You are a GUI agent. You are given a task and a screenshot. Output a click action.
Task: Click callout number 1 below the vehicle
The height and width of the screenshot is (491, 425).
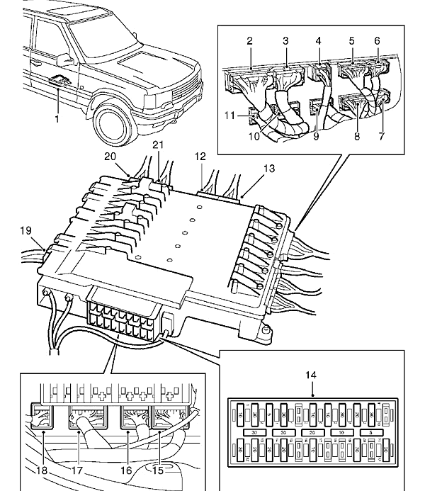pos(57,119)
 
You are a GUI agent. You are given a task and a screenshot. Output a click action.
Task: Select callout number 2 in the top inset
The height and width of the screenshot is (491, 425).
pos(249,42)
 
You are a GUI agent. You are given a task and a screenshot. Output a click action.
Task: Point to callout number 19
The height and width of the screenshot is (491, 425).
pos(26,231)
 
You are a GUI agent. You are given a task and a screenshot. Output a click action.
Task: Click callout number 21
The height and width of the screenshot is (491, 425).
pos(158,145)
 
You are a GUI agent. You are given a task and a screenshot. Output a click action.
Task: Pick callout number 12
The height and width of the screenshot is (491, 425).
pos(200,155)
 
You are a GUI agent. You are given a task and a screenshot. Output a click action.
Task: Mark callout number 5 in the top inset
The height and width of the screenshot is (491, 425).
pos(352,42)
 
